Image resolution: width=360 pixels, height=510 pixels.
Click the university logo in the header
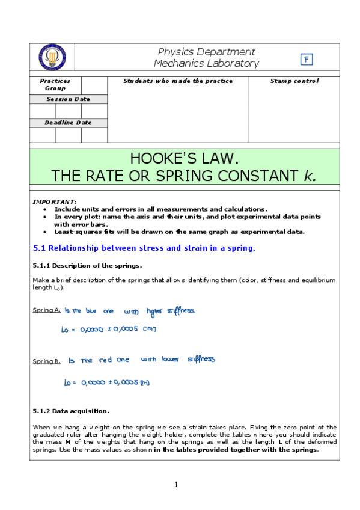[52, 58]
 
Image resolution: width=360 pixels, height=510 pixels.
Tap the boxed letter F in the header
[307, 59]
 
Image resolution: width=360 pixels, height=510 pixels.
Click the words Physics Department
[206, 52]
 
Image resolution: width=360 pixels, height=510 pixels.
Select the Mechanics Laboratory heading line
[206, 64]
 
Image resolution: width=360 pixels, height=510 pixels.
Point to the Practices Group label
[55, 84]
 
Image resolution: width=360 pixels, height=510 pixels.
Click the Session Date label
[68, 99]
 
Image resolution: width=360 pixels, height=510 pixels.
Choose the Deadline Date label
[68, 123]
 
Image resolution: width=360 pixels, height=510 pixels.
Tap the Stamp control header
[294, 81]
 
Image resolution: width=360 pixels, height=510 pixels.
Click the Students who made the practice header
[177, 81]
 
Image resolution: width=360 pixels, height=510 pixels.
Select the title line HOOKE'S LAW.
[185, 159]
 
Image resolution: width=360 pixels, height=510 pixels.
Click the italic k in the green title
[309, 176]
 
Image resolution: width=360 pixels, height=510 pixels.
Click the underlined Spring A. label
[46, 310]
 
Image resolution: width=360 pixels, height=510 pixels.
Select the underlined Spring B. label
[46, 361]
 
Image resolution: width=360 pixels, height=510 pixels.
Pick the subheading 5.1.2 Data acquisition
[70, 411]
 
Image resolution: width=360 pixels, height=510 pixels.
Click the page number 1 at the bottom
[177, 485]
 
